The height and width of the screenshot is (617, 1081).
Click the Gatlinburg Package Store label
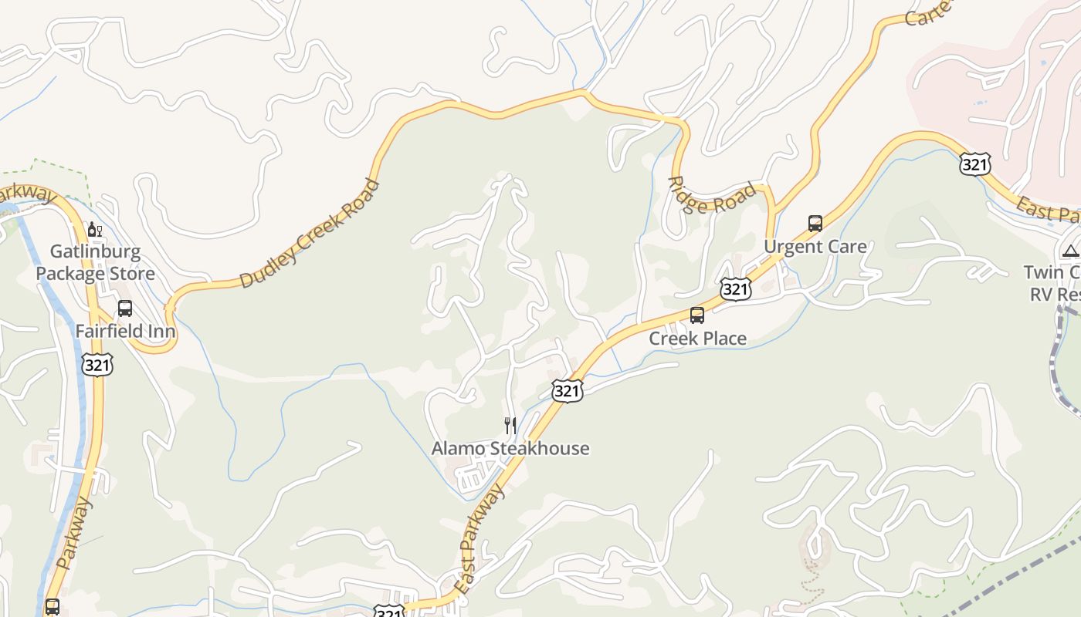pos(95,262)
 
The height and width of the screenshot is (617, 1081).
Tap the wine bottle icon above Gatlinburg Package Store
pos(95,229)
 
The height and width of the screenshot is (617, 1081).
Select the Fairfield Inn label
pos(125,331)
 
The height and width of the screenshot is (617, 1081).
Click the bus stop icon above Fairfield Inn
pos(125,308)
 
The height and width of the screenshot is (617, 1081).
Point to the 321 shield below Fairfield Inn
pos(97,364)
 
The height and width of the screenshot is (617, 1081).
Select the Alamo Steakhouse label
pos(510,448)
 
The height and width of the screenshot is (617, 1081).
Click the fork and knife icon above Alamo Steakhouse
pos(510,425)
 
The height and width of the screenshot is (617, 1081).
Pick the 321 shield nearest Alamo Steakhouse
pos(566,391)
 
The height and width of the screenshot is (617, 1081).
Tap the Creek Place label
pos(697,338)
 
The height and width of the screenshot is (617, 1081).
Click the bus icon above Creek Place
pos(697,315)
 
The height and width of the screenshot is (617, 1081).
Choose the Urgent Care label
pos(815,246)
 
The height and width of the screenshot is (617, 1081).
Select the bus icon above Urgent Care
pos(815,224)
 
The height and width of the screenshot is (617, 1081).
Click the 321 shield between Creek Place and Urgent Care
pos(735,288)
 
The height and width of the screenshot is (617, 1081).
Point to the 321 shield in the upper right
pos(975,164)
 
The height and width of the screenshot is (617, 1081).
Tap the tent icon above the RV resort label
pos(1070,250)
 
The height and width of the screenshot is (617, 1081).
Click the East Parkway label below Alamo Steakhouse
pos(478,540)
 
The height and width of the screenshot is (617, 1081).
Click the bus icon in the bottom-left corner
pos(52,606)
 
